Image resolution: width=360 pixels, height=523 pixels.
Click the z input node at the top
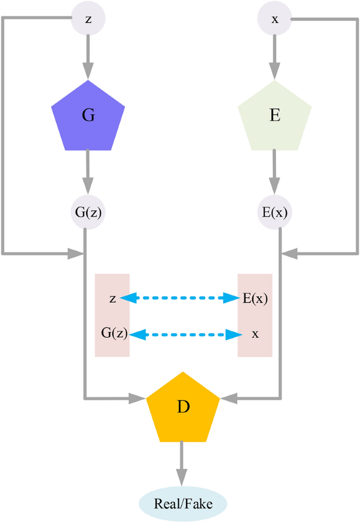click(x=88, y=19)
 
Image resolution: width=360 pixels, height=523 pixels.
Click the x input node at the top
click(x=274, y=19)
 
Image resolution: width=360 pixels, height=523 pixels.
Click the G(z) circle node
click(x=88, y=213)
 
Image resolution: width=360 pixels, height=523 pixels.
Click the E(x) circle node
click(x=274, y=213)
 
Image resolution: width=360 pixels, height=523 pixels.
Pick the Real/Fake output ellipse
click(x=183, y=504)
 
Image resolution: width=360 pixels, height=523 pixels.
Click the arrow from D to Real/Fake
click(x=182, y=462)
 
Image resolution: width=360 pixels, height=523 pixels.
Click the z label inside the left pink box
click(x=112, y=299)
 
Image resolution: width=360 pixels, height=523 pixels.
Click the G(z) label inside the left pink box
click(x=114, y=333)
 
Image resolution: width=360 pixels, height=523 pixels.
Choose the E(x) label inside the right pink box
click(x=254, y=299)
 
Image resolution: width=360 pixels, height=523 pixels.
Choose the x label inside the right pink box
click(x=255, y=334)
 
